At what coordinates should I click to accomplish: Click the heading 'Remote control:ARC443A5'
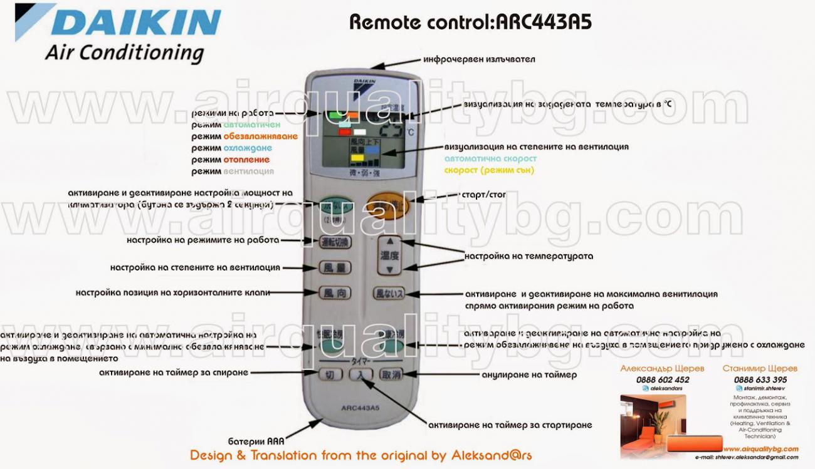coord(470,23)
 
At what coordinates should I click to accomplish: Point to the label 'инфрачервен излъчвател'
coord(479,59)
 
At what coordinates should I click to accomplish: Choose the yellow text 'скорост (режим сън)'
coord(489,170)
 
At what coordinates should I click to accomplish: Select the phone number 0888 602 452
coord(662,379)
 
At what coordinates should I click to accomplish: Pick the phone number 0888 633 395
coord(760,379)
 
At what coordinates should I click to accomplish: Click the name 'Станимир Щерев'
coord(760,369)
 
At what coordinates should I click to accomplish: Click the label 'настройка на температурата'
coord(528,256)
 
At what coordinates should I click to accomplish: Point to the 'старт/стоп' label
coord(483,195)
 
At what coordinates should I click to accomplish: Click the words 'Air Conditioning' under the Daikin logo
coord(124,53)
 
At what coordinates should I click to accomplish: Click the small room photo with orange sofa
coord(652,426)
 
